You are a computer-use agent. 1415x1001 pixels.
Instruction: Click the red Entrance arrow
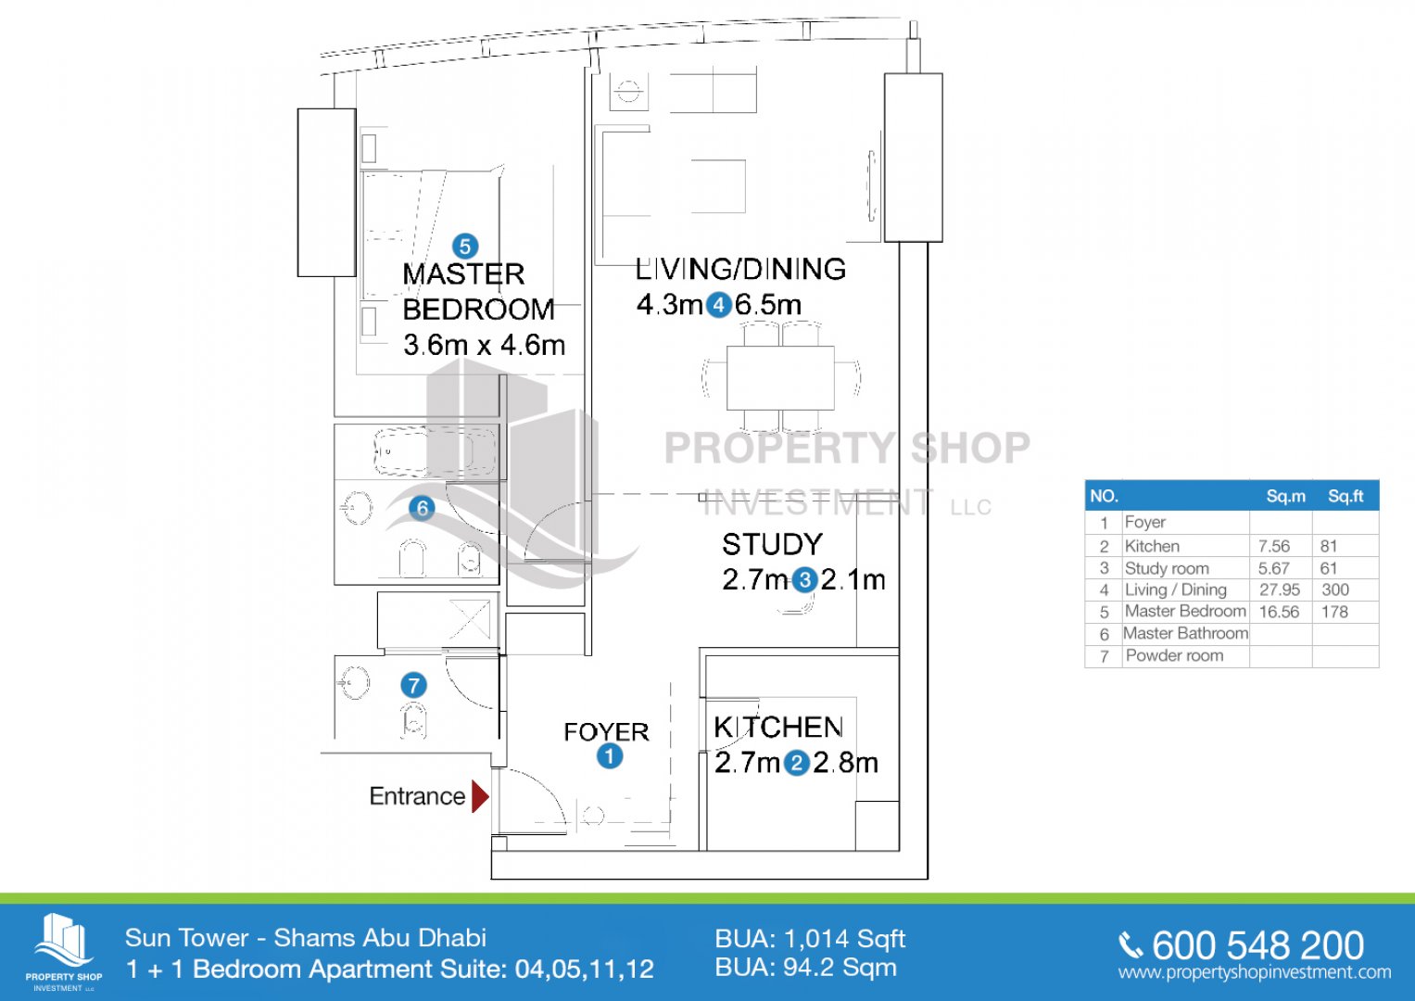click(x=480, y=797)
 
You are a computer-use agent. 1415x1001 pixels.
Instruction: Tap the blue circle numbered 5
click(x=465, y=247)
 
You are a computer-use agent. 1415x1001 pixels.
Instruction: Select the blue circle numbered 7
click(x=414, y=685)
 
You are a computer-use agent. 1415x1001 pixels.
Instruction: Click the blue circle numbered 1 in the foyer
click(x=610, y=755)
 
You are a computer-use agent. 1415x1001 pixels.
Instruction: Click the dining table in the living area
click(x=780, y=378)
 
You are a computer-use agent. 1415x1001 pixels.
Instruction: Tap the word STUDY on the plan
click(x=772, y=544)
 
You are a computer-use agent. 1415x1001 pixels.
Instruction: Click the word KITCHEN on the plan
click(x=778, y=728)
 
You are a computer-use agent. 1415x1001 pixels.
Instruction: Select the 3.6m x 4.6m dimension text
click(x=484, y=345)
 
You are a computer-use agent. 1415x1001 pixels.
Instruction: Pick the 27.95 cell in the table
click(x=1279, y=589)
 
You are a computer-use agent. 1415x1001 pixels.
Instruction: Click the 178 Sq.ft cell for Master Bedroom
click(x=1334, y=612)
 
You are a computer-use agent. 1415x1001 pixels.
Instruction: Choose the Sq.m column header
click(x=1285, y=496)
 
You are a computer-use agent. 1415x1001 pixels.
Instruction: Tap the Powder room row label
click(x=1174, y=655)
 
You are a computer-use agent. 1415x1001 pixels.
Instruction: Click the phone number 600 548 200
click(x=1257, y=945)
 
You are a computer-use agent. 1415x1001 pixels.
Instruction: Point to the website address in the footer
click(x=1255, y=972)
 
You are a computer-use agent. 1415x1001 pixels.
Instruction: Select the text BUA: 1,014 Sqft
click(x=810, y=940)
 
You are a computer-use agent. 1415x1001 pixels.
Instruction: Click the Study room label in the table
click(x=1167, y=568)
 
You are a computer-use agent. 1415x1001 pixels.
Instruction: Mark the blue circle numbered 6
click(x=422, y=508)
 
